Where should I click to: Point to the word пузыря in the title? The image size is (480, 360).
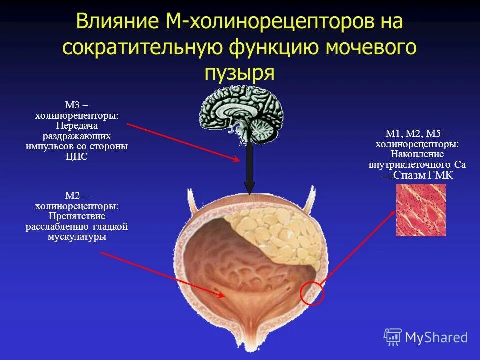pos(239,72)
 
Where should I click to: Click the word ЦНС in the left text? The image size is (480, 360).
pos(76,156)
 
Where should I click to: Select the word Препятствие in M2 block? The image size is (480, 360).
pos(77,216)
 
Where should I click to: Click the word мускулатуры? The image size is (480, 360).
pos(77,237)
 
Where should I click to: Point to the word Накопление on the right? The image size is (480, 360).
pos(417,154)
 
